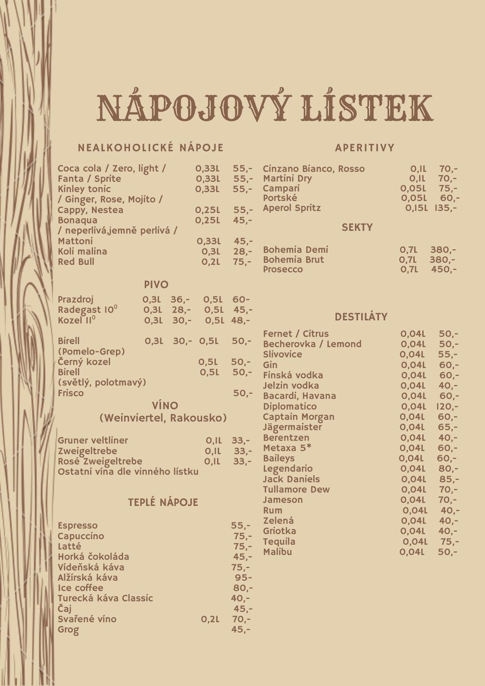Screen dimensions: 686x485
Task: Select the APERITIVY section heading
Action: (x=365, y=148)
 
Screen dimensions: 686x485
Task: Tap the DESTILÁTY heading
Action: (x=361, y=317)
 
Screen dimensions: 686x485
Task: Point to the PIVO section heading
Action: (x=156, y=285)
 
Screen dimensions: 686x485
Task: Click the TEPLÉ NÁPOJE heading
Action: (x=163, y=502)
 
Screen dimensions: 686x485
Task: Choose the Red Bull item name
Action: (x=76, y=262)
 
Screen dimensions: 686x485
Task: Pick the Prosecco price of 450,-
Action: (x=443, y=269)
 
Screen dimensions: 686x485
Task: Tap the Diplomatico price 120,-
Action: (x=447, y=406)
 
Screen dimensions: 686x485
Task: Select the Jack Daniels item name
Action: (x=291, y=479)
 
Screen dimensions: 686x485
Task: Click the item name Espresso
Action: (x=78, y=526)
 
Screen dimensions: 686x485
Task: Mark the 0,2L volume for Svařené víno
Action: (x=210, y=619)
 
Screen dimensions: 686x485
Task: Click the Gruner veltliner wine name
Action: (x=93, y=440)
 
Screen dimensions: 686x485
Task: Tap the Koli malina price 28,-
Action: (x=242, y=251)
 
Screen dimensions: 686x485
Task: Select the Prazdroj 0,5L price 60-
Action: (x=241, y=299)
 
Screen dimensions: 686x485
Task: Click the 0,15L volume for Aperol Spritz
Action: (x=416, y=208)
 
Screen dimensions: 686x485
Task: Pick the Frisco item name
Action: (x=71, y=393)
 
